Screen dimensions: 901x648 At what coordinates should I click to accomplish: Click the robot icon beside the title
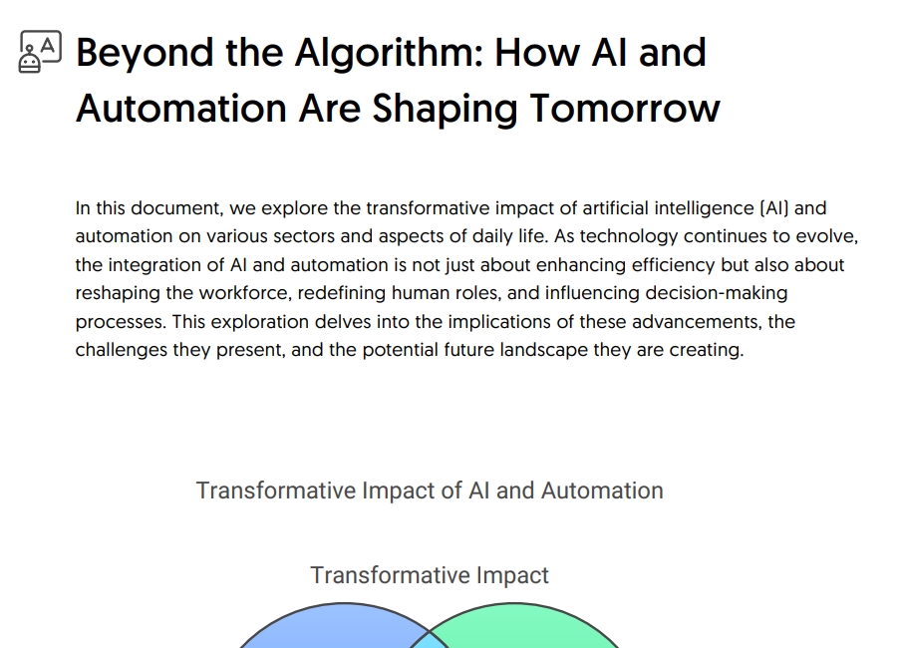point(40,52)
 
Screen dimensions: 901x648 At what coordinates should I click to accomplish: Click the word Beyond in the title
point(146,54)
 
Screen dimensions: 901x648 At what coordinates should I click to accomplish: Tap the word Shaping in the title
point(445,109)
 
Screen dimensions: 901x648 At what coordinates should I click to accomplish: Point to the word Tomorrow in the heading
point(625,109)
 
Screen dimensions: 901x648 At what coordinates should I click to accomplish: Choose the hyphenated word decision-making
point(717,293)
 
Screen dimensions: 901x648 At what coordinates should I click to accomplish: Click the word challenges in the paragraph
point(122,350)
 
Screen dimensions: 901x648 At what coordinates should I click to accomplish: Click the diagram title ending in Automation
point(430,490)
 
